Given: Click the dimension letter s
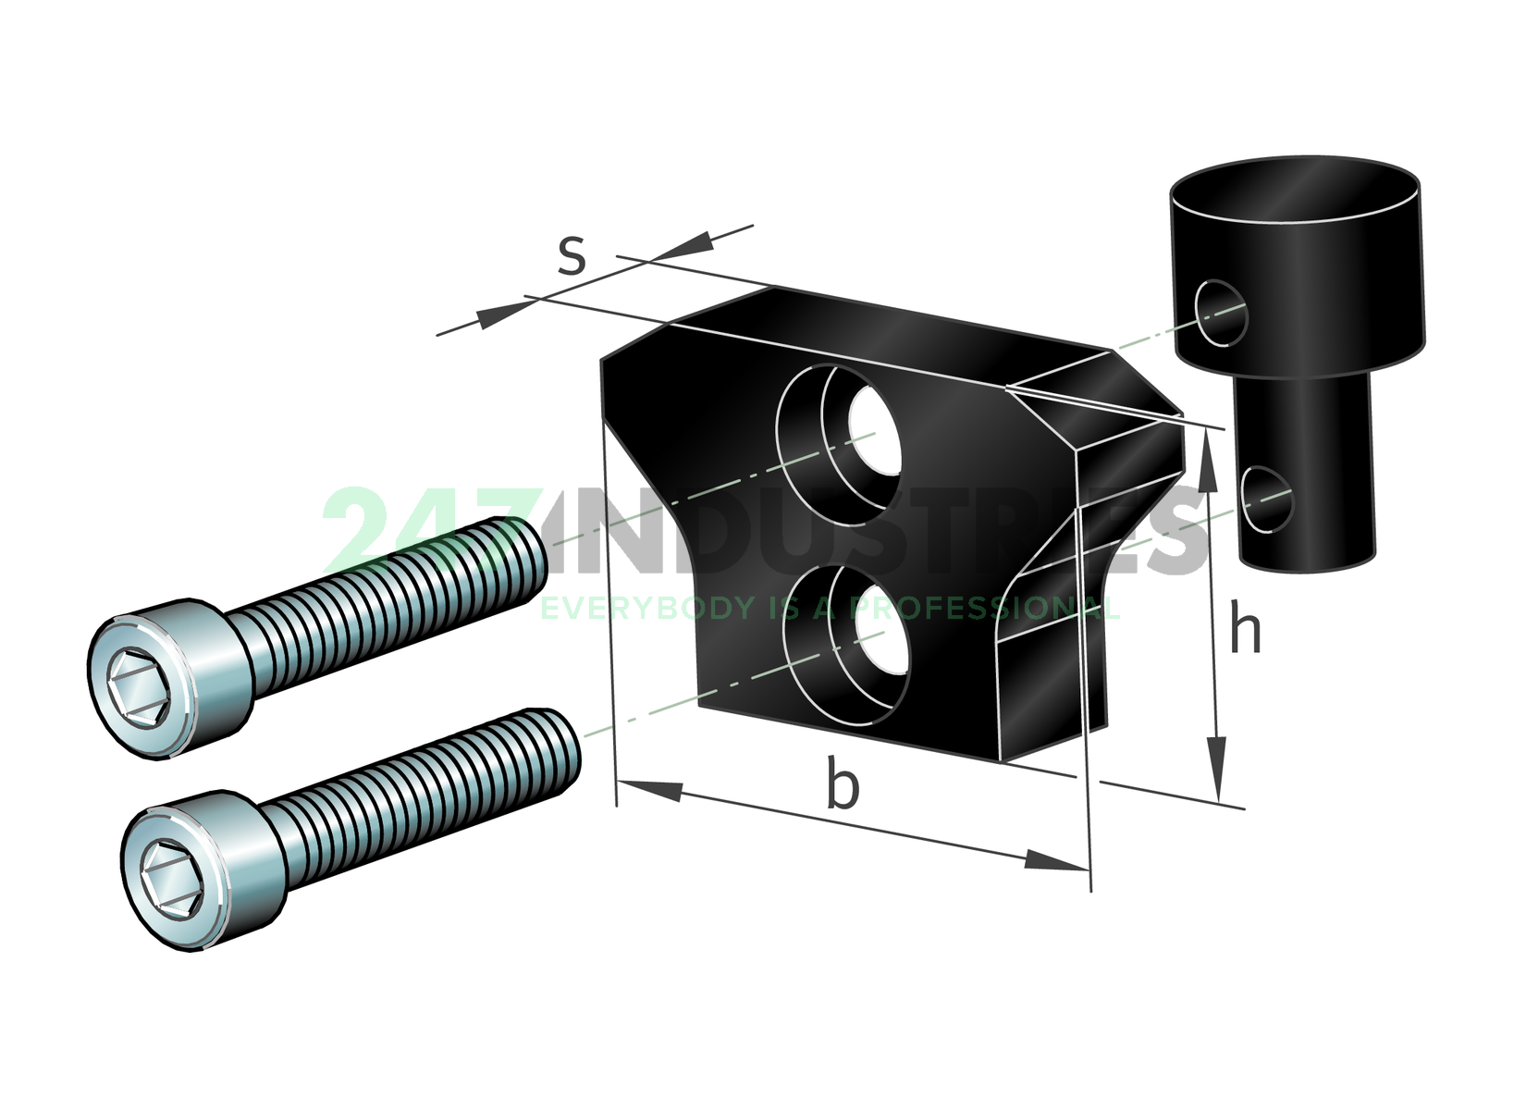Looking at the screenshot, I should tap(572, 256).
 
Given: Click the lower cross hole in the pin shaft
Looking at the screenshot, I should tap(1266, 499).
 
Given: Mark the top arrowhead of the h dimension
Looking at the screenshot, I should tap(1206, 462).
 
